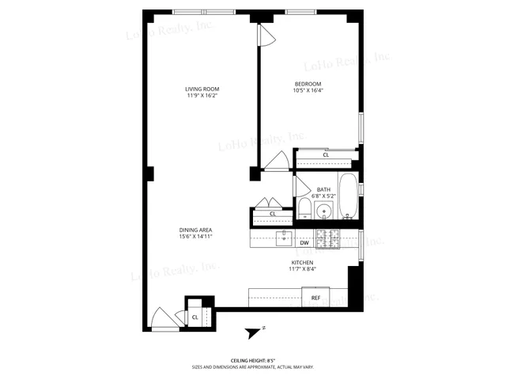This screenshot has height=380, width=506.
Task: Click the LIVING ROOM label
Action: [202, 89]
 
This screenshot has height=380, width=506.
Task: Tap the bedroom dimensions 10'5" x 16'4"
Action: [308, 90]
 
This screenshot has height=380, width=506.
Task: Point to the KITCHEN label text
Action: [303, 263]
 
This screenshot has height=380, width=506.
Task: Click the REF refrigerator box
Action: [315, 298]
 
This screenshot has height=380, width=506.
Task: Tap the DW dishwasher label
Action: [304, 243]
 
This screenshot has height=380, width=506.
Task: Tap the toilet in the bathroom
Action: [304, 210]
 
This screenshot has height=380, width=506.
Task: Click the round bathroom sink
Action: [323, 211]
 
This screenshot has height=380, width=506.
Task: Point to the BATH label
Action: [323, 189]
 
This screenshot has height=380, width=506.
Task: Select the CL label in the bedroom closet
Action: [326, 155]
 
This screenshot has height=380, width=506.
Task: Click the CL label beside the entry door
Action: [194, 317]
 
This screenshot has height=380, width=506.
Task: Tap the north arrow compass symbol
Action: [255, 332]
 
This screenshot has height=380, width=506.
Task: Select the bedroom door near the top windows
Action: [266, 35]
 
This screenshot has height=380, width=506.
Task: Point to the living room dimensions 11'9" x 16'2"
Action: [202, 96]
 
